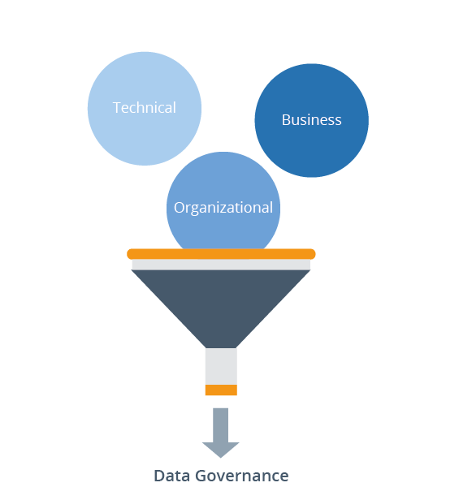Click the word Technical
point(144,108)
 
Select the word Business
point(311,120)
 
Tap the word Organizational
point(223,208)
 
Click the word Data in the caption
point(171,476)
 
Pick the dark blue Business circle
point(312,150)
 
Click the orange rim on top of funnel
point(221,254)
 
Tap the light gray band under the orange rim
point(221,265)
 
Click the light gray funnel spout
point(221,365)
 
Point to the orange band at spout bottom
point(221,390)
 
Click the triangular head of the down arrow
point(221,449)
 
